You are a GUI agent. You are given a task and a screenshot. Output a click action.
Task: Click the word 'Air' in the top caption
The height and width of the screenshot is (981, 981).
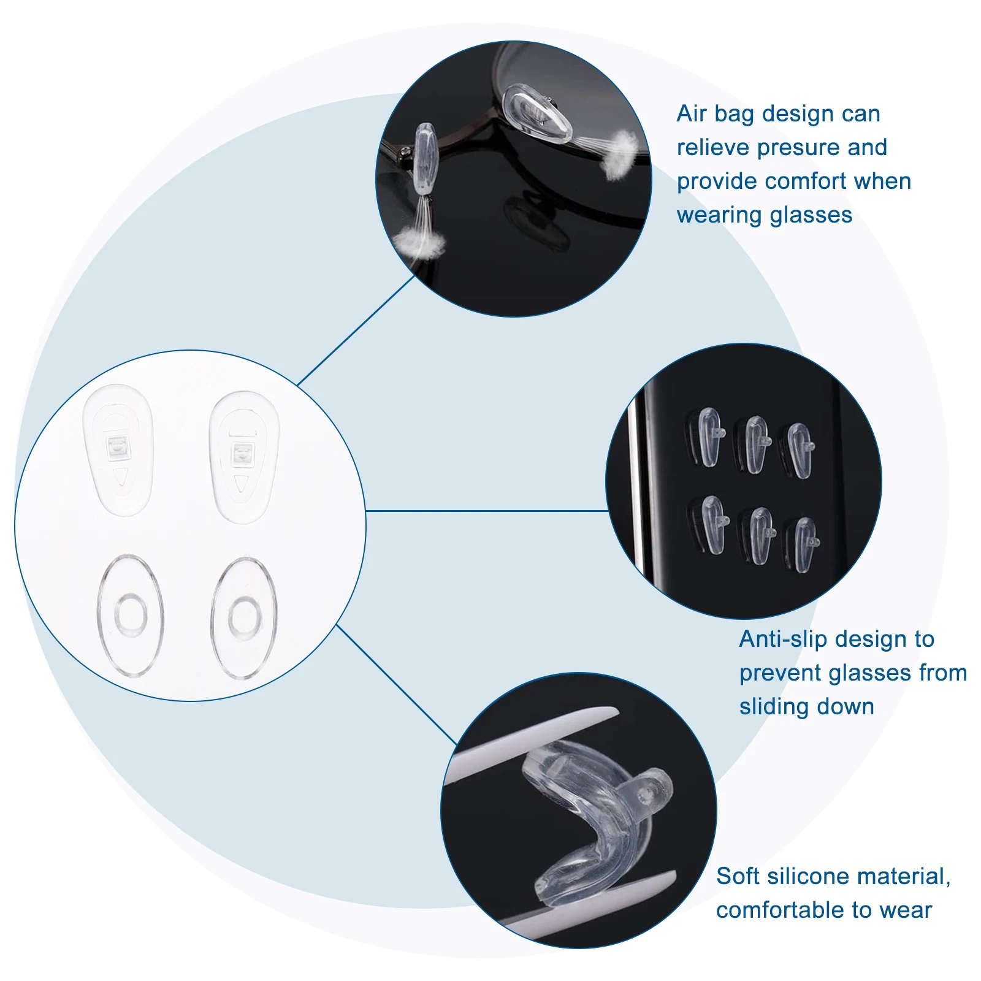click(x=691, y=114)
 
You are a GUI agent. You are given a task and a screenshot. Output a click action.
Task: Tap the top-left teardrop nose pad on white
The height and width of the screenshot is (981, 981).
click(x=118, y=449)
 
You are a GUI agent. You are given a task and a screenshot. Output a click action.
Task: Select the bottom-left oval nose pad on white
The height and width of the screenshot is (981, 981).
click(x=130, y=615)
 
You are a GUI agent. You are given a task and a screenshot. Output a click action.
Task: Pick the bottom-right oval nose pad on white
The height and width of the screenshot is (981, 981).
click(x=243, y=617)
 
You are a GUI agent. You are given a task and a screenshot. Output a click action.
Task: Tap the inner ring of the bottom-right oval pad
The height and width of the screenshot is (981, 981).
click(x=243, y=616)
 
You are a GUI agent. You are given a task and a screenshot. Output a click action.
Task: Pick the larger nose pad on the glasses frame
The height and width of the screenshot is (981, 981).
click(x=537, y=115)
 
